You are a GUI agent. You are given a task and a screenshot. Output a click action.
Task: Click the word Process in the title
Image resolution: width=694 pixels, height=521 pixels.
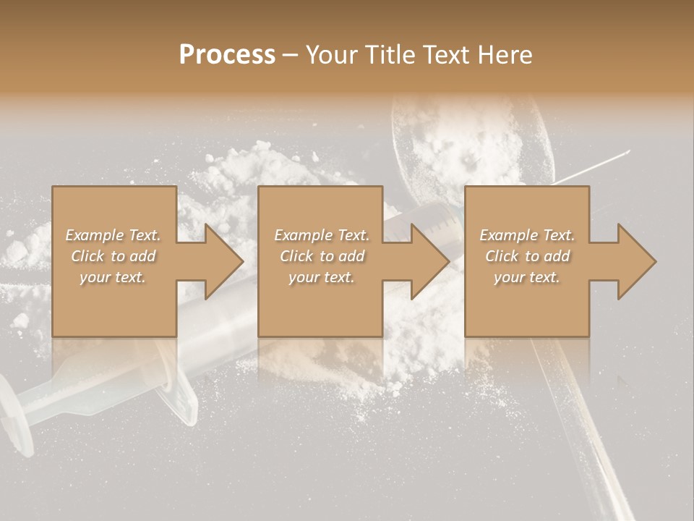[227, 55]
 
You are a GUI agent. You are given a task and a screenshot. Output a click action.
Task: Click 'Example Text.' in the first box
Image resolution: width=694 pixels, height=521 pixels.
[113, 235]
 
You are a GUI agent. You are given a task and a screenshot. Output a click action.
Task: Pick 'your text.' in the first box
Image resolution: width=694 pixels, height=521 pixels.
[113, 277]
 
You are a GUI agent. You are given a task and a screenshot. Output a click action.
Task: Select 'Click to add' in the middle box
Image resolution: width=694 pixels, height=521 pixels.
[322, 256]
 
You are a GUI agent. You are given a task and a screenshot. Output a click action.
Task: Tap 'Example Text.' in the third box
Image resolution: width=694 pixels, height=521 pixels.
[527, 235]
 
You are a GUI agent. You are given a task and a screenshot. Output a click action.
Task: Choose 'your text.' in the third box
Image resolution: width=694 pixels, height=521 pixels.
[527, 277]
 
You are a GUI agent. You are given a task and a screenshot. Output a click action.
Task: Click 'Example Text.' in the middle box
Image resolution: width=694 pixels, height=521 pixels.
[322, 235]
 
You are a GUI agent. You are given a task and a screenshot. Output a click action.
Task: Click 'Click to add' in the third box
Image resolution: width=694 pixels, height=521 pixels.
[527, 256]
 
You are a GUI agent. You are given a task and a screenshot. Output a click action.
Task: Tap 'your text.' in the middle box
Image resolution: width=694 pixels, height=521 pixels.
[322, 277]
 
